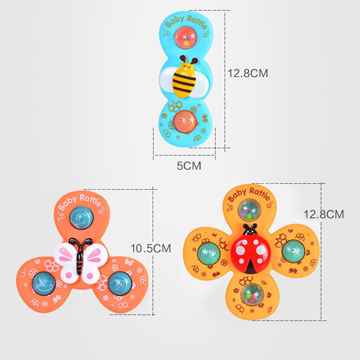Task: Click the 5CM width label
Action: (189, 166)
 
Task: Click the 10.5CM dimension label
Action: (151, 248)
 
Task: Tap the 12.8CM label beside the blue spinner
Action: (248, 72)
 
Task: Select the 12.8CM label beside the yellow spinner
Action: (324, 214)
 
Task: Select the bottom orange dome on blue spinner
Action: (185, 121)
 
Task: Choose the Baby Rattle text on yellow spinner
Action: (248, 193)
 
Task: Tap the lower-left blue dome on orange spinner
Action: (44, 282)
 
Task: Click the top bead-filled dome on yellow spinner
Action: (249, 209)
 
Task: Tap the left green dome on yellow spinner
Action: (208, 252)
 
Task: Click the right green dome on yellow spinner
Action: (292, 250)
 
